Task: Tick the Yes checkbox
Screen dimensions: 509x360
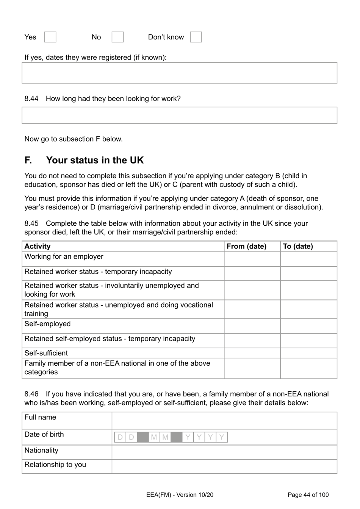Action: pyautogui.click(x=50, y=37)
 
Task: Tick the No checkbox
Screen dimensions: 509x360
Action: pyautogui.click(x=117, y=37)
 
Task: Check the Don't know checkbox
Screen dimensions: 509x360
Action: pyautogui.click(x=196, y=37)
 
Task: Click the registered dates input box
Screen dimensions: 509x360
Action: pyautogui.click(x=179, y=73)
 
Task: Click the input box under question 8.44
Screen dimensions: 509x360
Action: pyautogui.click(x=179, y=115)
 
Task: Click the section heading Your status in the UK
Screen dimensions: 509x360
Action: pyautogui.click(x=95, y=160)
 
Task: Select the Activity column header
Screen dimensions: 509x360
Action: pyautogui.click(x=38, y=246)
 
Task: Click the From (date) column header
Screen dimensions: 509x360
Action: pyautogui.click(x=246, y=246)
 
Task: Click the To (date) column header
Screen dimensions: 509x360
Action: pyautogui.click(x=298, y=246)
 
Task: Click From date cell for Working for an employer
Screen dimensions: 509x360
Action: pyautogui.click(x=252, y=259)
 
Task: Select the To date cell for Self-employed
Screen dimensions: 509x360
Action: pyautogui.click(x=308, y=326)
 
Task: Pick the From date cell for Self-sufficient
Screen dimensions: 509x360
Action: pyautogui.click(x=252, y=353)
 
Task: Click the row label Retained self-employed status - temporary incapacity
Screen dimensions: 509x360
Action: pyautogui.click(x=110, y=339)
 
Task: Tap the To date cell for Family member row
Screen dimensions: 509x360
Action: pyautogui.click(x=308, y=368)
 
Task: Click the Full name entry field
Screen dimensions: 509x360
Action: pyautogui.click(x=224, y=421)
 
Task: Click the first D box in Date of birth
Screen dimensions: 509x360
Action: pyautogui.click(x=120, y=437)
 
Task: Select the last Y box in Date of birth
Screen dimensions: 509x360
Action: pyautogui.click(x=222, y=437)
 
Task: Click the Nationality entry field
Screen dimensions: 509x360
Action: pyautogui.click(x=224, y=452)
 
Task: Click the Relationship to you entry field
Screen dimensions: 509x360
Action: pyautogui.click(x=224, y=467)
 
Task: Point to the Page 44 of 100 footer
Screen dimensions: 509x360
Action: pyautogui.click(x=308, y=495)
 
